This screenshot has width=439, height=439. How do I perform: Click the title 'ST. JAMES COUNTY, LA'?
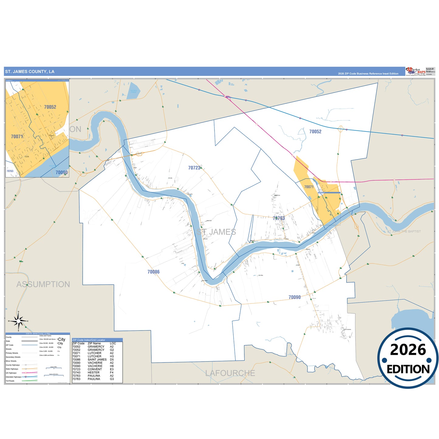tap(30, 72)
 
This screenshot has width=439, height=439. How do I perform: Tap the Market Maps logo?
tap(415, 71)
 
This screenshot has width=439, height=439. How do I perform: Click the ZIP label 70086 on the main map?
tap(153, 272)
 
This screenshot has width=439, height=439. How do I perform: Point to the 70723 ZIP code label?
tap(194, 168)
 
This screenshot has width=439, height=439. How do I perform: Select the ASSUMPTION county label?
tap(43, 284)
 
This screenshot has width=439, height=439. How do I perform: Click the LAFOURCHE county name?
tap(230, 373)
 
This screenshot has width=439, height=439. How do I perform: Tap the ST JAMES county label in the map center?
tap(216, 232)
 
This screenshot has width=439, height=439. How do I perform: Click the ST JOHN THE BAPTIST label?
tap(404, 232)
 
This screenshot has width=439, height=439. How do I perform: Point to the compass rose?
tap(19, 321)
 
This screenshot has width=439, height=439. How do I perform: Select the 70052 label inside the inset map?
tap(50, 107)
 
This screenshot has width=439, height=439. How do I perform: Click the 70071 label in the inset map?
tap(17, 137)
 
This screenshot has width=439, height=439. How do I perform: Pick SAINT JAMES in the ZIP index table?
tap(97, 360)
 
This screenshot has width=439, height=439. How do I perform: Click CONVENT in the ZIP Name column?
tap(95, 369)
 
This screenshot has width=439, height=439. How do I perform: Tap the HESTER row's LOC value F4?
tap(112, 372)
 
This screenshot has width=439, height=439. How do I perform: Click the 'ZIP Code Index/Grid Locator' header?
tap(89, 340)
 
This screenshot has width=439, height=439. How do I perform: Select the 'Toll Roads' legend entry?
tap(10, 381)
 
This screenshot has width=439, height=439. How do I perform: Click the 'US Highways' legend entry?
tap(11, 373)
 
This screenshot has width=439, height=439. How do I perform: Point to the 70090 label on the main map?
tap(294, 297)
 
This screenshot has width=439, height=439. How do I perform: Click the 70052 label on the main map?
tap(315, 132)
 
